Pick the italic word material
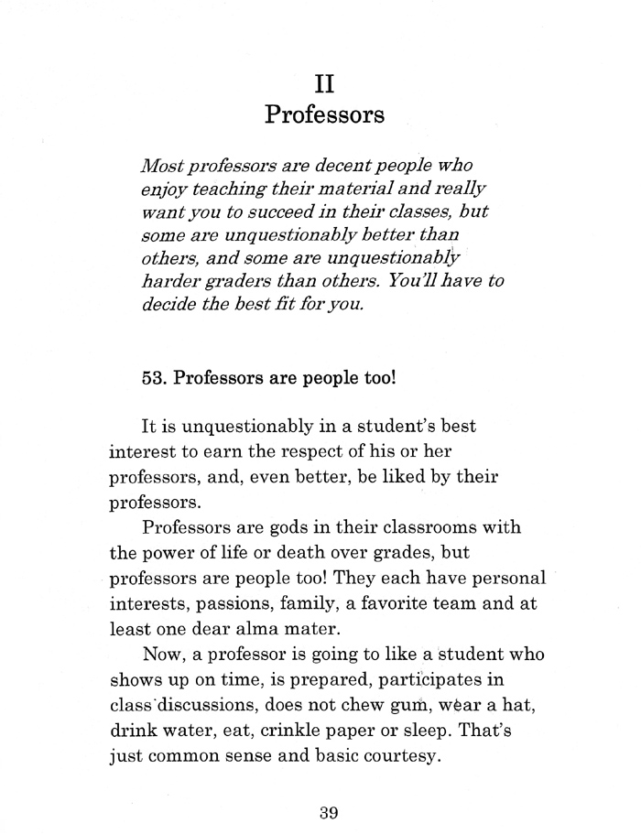(367, 190)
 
